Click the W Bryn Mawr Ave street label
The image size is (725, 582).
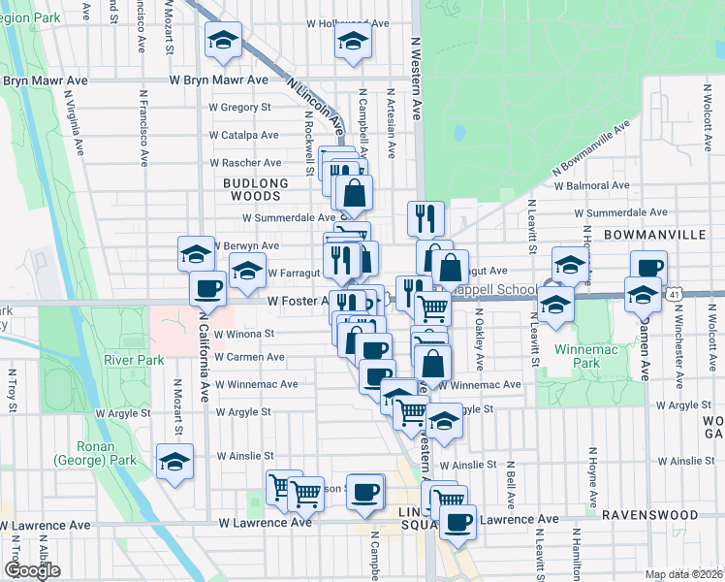click(218, 81)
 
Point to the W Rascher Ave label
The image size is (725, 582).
click(246, 162)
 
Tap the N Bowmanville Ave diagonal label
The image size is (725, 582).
click(591, 149)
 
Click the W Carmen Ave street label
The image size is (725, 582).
click(249, 357)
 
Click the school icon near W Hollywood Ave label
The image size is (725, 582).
click(352, 42)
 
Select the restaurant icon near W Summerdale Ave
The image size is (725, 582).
click(426, 219)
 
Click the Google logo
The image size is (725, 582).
click(32, 570)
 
